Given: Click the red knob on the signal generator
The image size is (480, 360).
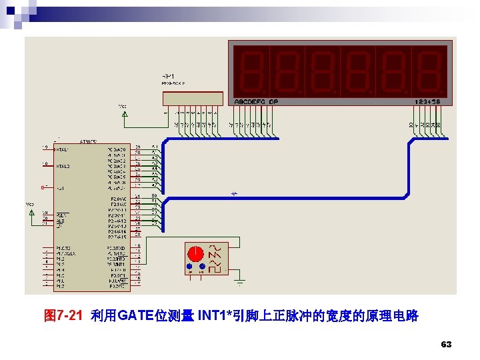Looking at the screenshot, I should pos(196,254).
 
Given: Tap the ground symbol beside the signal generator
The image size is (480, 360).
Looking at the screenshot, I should pos(240,281).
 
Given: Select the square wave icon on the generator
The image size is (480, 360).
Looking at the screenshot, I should pos(215,247).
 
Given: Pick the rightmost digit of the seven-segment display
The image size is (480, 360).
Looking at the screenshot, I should pos(428,71).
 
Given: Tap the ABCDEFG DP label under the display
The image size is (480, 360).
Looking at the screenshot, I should pos(256,101).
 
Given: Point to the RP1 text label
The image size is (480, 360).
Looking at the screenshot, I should pos(169,75).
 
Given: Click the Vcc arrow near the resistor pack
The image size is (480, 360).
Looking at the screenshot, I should pos(124,114).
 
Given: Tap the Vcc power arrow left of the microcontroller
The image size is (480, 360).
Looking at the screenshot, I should pos(31,212).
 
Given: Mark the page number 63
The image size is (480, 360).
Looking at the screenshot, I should pos(447,345).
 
